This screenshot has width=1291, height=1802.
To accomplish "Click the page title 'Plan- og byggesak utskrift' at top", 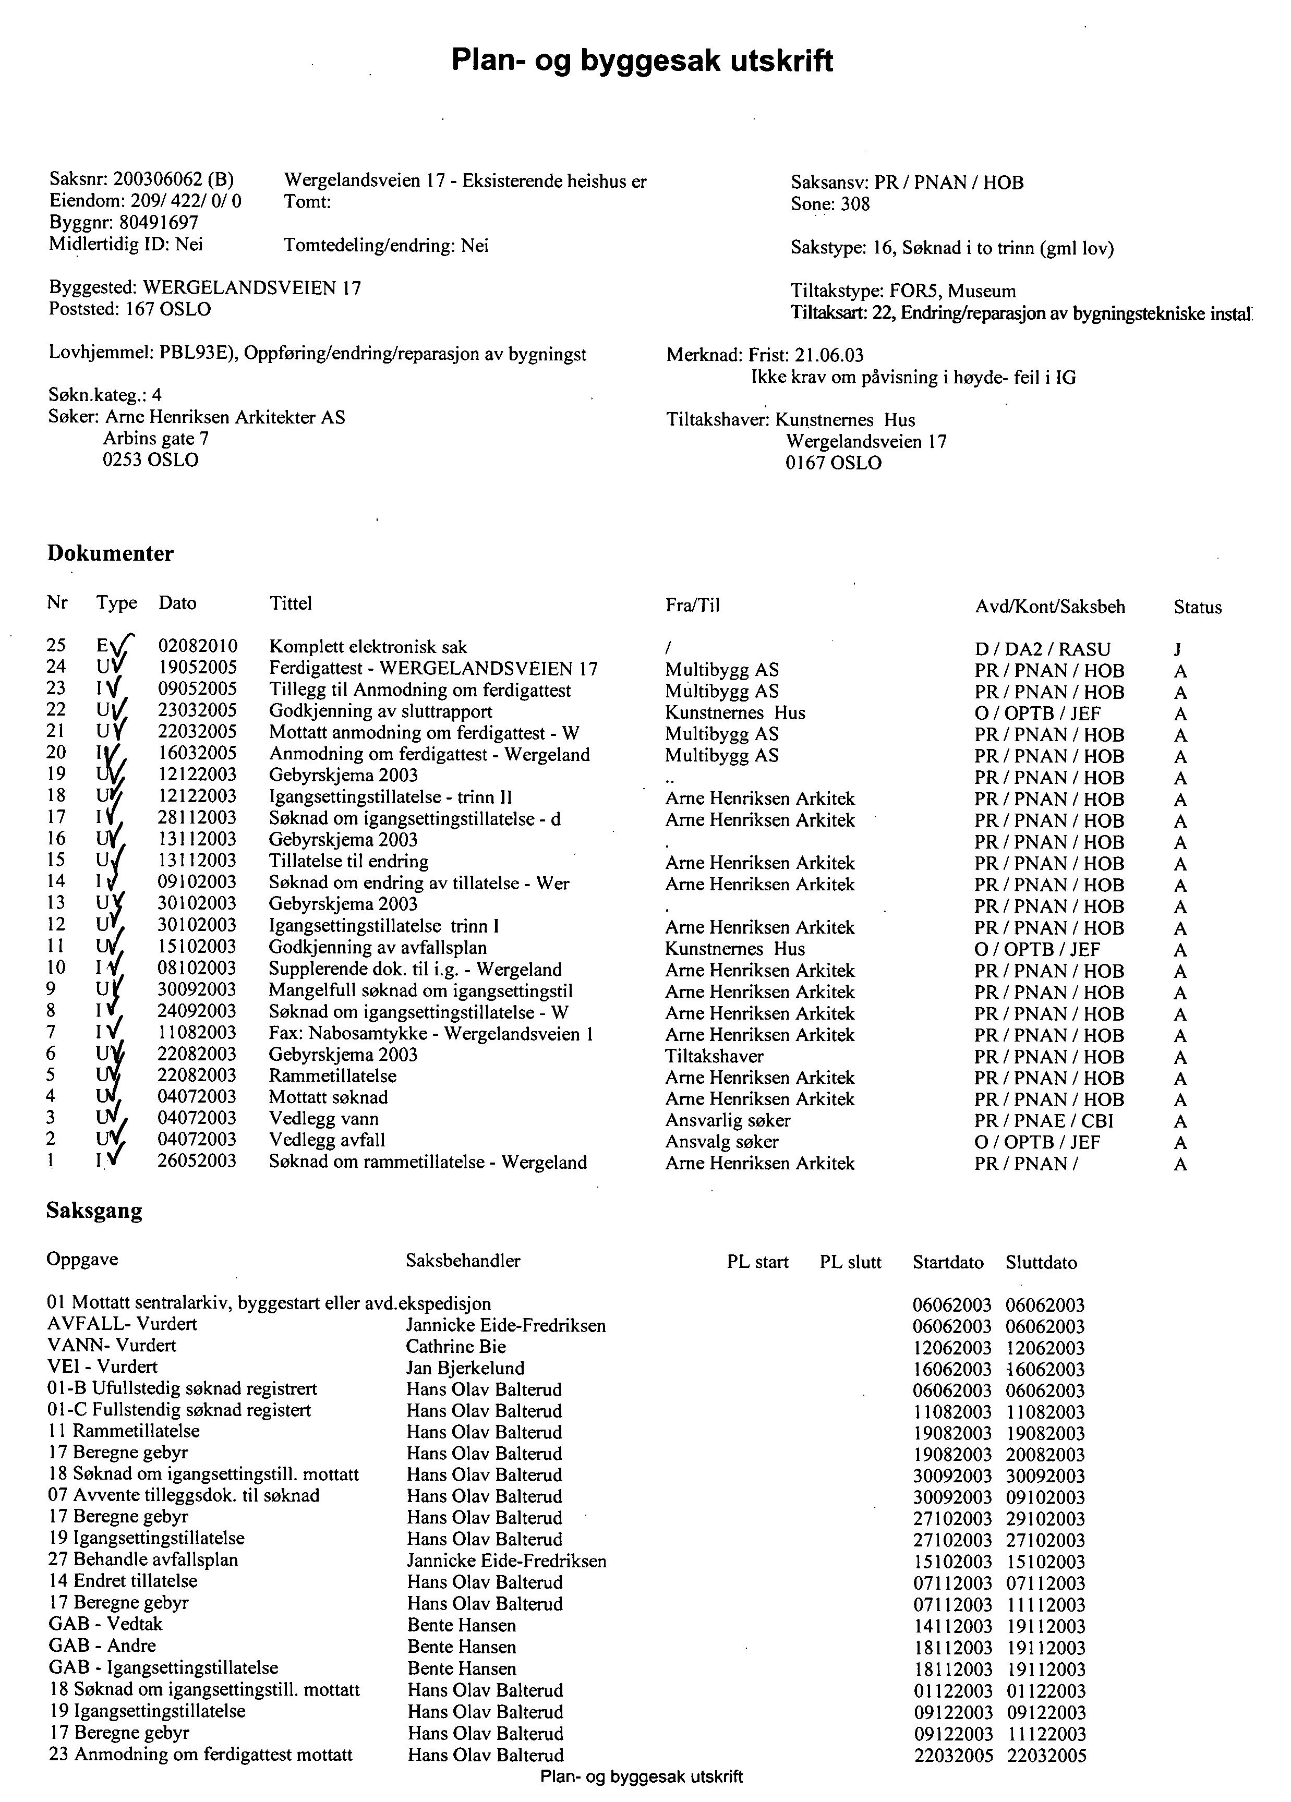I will [642, 61].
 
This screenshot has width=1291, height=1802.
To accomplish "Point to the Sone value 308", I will [855, 204].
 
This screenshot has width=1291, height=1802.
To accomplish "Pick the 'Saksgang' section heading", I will [94, 1211].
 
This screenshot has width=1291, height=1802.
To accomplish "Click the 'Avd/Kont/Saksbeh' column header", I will [1049, 607].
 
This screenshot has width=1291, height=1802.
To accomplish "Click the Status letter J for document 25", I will [1177, 650].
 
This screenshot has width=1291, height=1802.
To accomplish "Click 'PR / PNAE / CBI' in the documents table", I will [1044, 1121].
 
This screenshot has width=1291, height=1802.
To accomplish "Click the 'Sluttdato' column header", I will [1041, 1263].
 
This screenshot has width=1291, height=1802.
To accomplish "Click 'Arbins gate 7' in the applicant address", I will [156, 439].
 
